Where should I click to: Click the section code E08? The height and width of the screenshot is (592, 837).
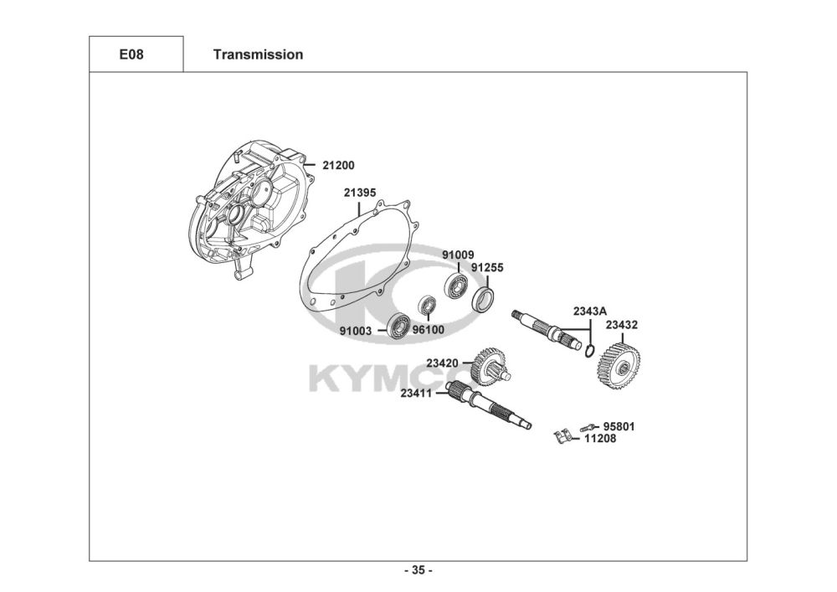coord(136,55)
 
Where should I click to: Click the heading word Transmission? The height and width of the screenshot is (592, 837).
coord(258,55)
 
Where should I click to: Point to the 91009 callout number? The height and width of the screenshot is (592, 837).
coord(458,255)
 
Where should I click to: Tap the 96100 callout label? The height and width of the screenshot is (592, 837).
coord(429,330)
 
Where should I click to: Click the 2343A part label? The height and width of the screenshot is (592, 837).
coord(589,311)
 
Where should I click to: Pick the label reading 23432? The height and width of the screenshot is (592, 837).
coord(622,324)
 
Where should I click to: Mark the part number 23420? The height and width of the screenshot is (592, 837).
coord(442,363)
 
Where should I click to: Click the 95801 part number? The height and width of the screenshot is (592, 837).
coord(619,426)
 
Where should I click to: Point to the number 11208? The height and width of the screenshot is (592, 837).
coord(600,438)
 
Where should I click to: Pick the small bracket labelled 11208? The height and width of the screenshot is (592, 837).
coord(564,436)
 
